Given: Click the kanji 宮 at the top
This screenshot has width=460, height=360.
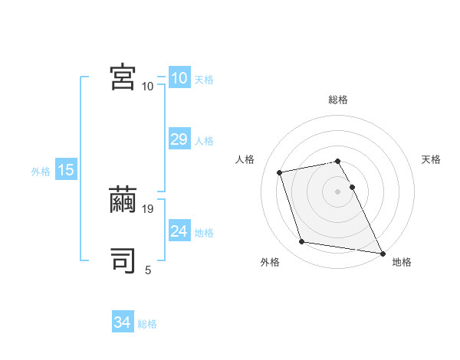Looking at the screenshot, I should coord(123,77).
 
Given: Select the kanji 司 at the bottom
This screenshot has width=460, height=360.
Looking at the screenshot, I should coord(123,261).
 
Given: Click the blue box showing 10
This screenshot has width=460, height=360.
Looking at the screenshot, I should coord(179,78).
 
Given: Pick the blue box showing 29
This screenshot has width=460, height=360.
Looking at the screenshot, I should coord(179,139).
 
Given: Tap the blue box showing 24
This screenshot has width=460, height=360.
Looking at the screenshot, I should coord(179,231).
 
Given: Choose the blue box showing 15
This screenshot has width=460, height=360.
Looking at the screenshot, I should coord(66,170).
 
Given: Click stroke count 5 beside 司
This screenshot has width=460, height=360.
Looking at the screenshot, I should coord(148,270).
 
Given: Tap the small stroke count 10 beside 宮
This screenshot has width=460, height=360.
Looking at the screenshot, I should coord(147,86).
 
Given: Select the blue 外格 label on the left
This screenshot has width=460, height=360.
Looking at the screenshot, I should coord(41,172).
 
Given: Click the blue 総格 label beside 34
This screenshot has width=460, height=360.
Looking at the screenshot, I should coord(147,324).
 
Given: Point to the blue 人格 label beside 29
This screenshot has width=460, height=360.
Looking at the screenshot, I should coord(204,141).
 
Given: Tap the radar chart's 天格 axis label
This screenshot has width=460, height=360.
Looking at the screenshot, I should coord(431,159).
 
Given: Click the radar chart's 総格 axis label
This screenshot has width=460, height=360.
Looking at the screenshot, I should coord(337,100).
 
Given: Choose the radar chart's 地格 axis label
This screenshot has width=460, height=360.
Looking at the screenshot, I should coord(402,262).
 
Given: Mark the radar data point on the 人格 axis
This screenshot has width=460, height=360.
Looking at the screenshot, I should coord(280,172).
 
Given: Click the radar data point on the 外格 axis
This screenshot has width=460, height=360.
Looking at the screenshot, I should coord(302,242).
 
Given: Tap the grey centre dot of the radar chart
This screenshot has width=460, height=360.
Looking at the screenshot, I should coord(337,191).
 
